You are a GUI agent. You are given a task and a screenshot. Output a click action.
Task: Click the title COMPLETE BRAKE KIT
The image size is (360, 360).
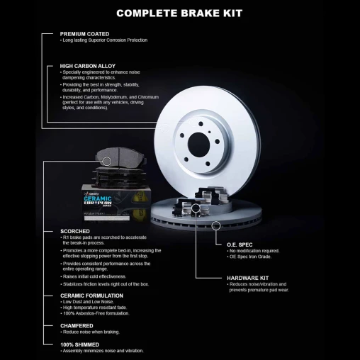point(179,13)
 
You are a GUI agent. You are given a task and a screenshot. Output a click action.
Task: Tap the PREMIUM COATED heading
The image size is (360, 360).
point(83,33)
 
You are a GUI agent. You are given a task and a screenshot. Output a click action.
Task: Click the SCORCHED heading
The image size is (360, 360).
point(75,231)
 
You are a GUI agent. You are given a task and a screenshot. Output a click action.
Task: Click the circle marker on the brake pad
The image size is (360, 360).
point(107,162)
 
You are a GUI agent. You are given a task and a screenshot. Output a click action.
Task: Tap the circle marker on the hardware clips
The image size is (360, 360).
point(196,208)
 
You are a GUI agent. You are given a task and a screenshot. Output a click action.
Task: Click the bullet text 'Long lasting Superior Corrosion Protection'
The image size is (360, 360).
point(105,40)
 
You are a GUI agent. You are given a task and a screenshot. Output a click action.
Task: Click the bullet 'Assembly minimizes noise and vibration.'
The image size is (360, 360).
point(103,351)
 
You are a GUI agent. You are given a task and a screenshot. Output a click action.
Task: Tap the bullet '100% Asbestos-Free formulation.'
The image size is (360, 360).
point(96,313)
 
